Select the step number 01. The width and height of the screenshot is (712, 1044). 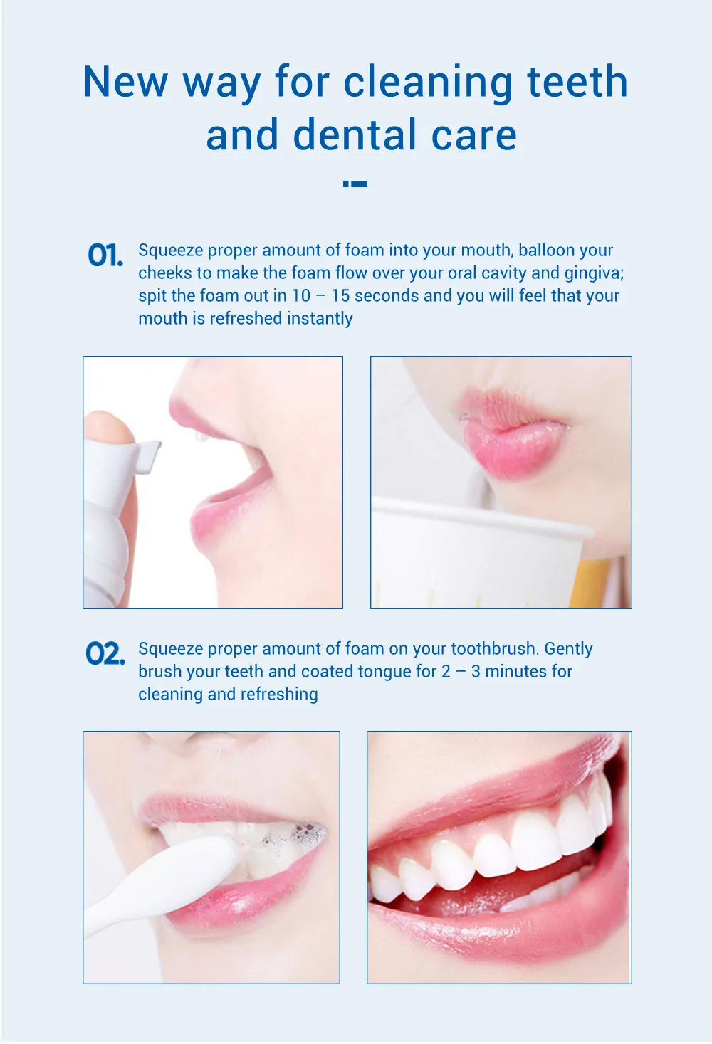pos(105,255)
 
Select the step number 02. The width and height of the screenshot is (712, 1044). pos(105,653)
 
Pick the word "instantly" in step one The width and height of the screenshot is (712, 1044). pos(319,319)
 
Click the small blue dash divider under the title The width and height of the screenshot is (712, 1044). pos(355,184)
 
